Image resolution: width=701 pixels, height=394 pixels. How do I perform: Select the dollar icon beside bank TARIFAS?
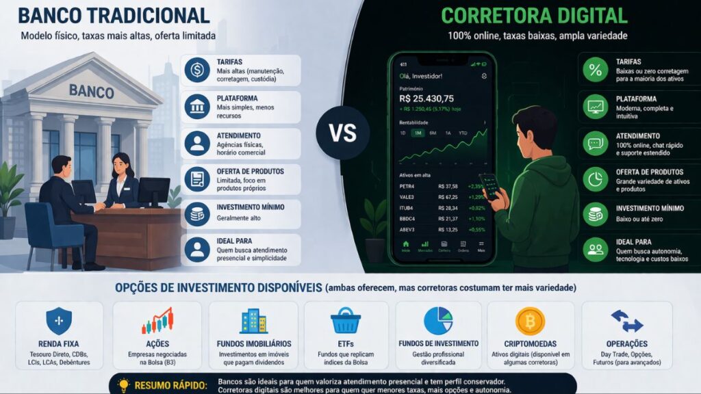197,70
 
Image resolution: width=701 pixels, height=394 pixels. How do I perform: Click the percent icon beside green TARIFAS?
595,69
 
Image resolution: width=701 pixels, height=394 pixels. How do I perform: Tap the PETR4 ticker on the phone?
408,185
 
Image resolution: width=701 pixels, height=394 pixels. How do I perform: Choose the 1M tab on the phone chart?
417,133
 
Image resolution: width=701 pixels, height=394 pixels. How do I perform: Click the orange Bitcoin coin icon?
530,321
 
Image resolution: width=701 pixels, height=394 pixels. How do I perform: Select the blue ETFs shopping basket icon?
345,321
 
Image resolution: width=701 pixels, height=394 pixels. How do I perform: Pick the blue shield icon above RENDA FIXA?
58,321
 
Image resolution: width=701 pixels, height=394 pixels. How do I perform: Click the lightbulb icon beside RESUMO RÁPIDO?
123,384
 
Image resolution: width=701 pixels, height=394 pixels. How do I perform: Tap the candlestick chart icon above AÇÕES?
157,321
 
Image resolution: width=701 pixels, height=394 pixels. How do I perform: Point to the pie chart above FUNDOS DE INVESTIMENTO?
438,321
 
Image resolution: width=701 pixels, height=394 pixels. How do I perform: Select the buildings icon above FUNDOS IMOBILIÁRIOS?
253,321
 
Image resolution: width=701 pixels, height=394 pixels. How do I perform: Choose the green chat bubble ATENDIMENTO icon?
595,142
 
